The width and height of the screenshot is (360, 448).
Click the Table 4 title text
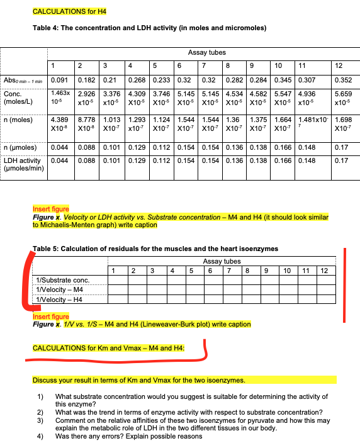tap(149, 28)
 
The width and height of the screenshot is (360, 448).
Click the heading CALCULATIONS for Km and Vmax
tap(108, 347)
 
